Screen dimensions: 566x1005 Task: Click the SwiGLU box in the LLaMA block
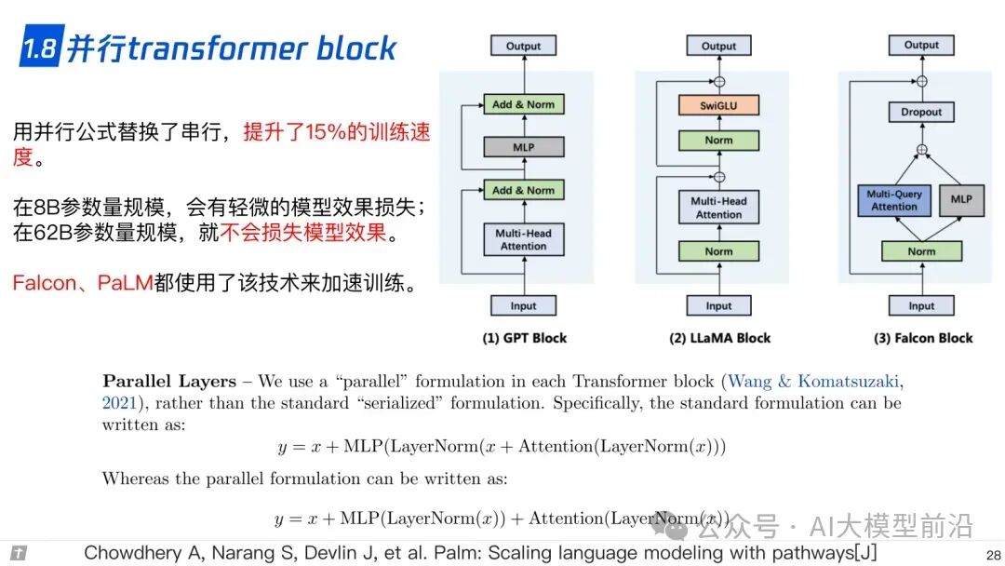[x=718, y=104]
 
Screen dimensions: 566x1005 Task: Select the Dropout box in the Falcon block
[x=921, y=112]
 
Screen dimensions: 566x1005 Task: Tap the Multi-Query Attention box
[x=894, y=200]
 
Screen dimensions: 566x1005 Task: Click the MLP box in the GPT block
[x=524, y=147]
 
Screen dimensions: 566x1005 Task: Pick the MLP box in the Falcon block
[x=961, y=199]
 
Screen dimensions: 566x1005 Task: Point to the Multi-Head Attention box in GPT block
[x=524, y=239]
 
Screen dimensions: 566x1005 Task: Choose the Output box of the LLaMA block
[x=718, y=46]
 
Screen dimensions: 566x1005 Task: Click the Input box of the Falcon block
[x=921, y=305]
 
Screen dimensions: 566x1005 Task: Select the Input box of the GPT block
[x=524, y=305]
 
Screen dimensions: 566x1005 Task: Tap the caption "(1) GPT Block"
[x=524, y=338]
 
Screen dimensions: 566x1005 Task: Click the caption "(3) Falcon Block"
[x=922, y=338]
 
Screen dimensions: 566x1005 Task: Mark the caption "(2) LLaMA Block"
[x=720, y=338]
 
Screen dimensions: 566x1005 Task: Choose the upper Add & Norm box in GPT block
[x=524, y=104]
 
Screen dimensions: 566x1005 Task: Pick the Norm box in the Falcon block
[x=921, y=251]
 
